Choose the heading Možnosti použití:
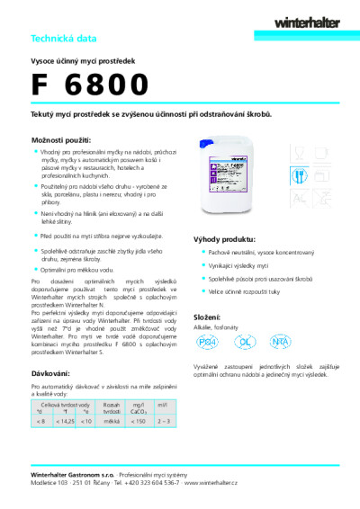tap(60, 143)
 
